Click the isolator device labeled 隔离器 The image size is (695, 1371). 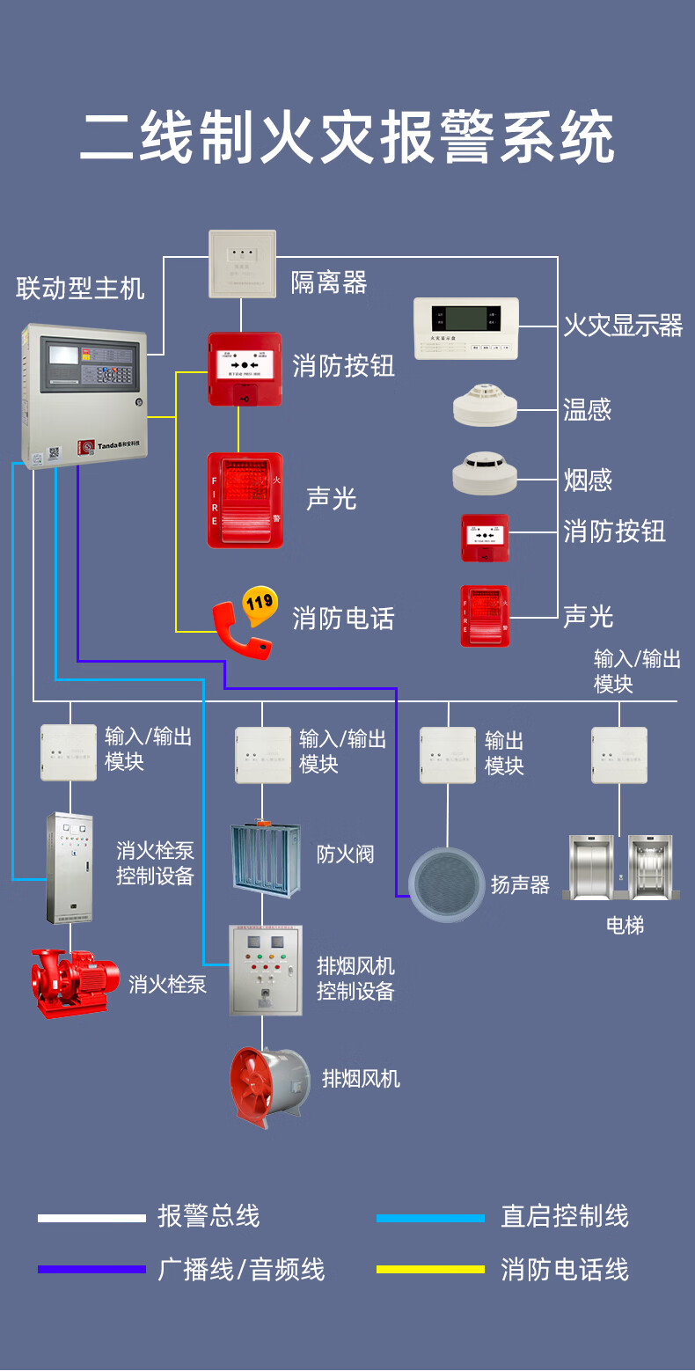[242, 263]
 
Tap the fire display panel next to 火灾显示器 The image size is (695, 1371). [465, 327]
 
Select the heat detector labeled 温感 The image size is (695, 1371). [485, 405]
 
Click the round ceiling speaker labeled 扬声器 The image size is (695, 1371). [447, 883]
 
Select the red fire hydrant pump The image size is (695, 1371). [74, 981]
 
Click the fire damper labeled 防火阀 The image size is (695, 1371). [265, 855]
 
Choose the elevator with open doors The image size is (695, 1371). [649, 867]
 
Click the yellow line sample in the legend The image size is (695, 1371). [430, 1269]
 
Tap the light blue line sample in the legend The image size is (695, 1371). [430, 1218]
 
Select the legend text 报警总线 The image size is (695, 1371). [208, 1217]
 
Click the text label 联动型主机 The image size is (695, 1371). [80, 288]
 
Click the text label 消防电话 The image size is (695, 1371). [343, 619]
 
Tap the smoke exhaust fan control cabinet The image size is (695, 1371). [265, 969]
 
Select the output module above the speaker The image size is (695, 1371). [448, 754]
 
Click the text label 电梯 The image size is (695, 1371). [625, 925]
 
